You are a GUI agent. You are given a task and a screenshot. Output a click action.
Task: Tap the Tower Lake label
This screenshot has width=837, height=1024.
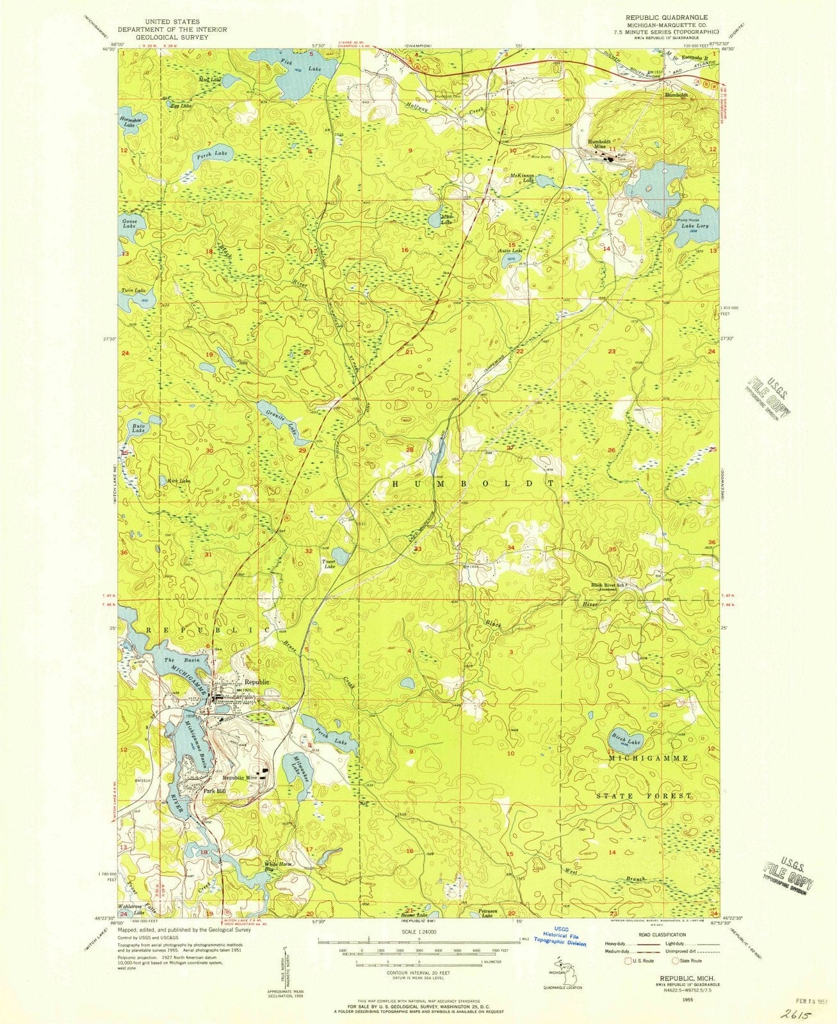tap(329, 564)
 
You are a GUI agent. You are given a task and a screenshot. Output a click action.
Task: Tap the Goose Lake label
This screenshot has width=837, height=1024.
tap(129, 223)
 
